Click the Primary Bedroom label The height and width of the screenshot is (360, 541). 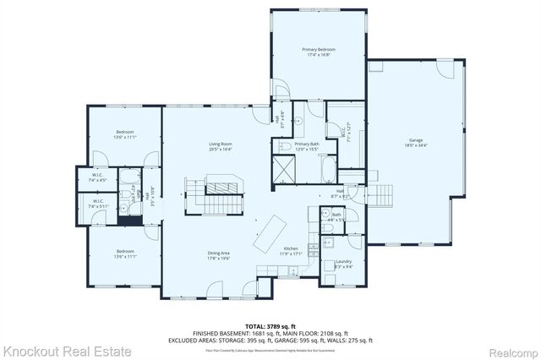tap(319, 50)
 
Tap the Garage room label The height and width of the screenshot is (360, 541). tap(416, 140)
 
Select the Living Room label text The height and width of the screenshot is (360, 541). tap(221, 145)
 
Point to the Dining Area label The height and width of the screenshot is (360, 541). tap(219, 254)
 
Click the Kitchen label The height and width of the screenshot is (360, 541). tap(290, 249)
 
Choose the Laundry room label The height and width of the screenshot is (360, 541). tap(343, 261)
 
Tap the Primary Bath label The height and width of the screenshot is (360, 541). tap(307, 145)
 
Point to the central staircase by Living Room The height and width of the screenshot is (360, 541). tap(221, 194)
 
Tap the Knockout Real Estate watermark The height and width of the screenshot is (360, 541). tap(68, 350)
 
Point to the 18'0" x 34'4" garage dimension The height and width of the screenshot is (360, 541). tap(416, 146)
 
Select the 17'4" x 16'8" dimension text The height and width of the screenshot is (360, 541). tap(319, 56)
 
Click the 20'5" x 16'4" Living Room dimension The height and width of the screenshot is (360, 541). tap(221, 150)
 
